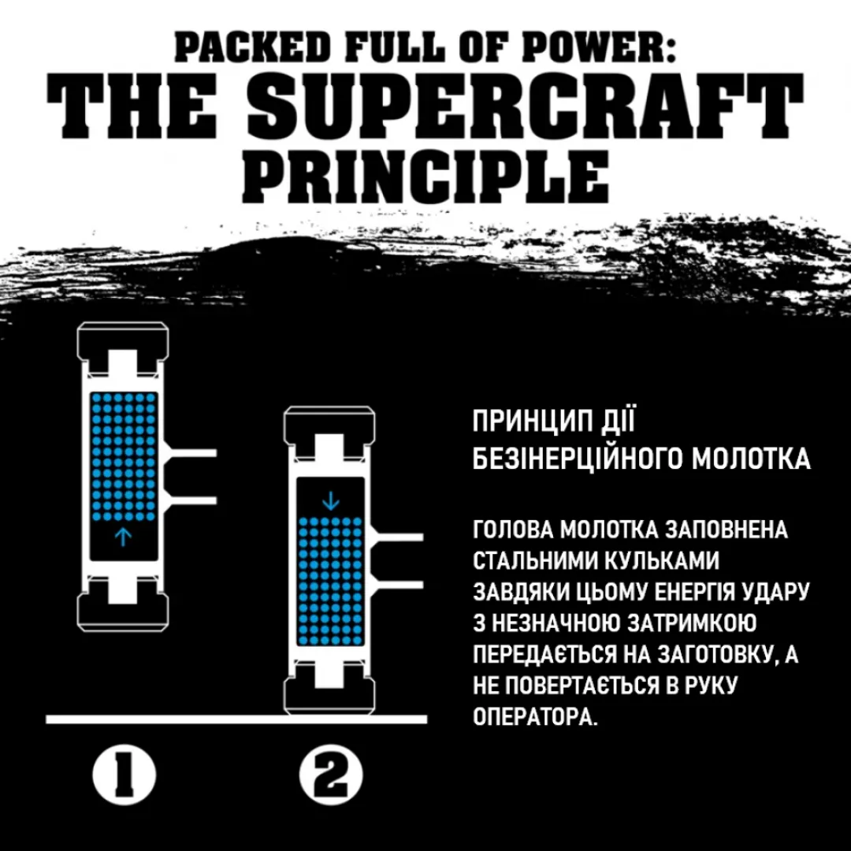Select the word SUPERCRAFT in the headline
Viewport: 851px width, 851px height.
[525, 106]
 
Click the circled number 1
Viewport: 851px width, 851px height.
[124, 775]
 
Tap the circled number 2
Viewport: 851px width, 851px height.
[330, 775]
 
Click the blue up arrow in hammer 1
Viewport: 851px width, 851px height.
[123, 537]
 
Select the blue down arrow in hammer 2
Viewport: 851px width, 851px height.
[330, 501]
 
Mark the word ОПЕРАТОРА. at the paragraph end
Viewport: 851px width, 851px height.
[535, 716]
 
